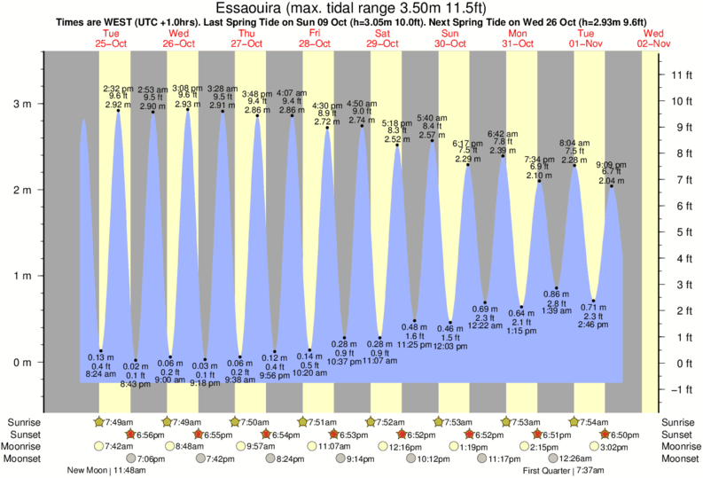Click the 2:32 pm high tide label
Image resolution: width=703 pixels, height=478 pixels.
[118, 89]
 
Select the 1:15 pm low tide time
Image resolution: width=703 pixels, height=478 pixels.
[522, 331]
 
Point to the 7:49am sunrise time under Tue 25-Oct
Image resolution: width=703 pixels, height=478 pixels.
[119, 422]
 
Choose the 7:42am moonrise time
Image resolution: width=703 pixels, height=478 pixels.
[119, 447]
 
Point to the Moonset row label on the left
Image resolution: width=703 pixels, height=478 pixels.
[23, 458]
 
